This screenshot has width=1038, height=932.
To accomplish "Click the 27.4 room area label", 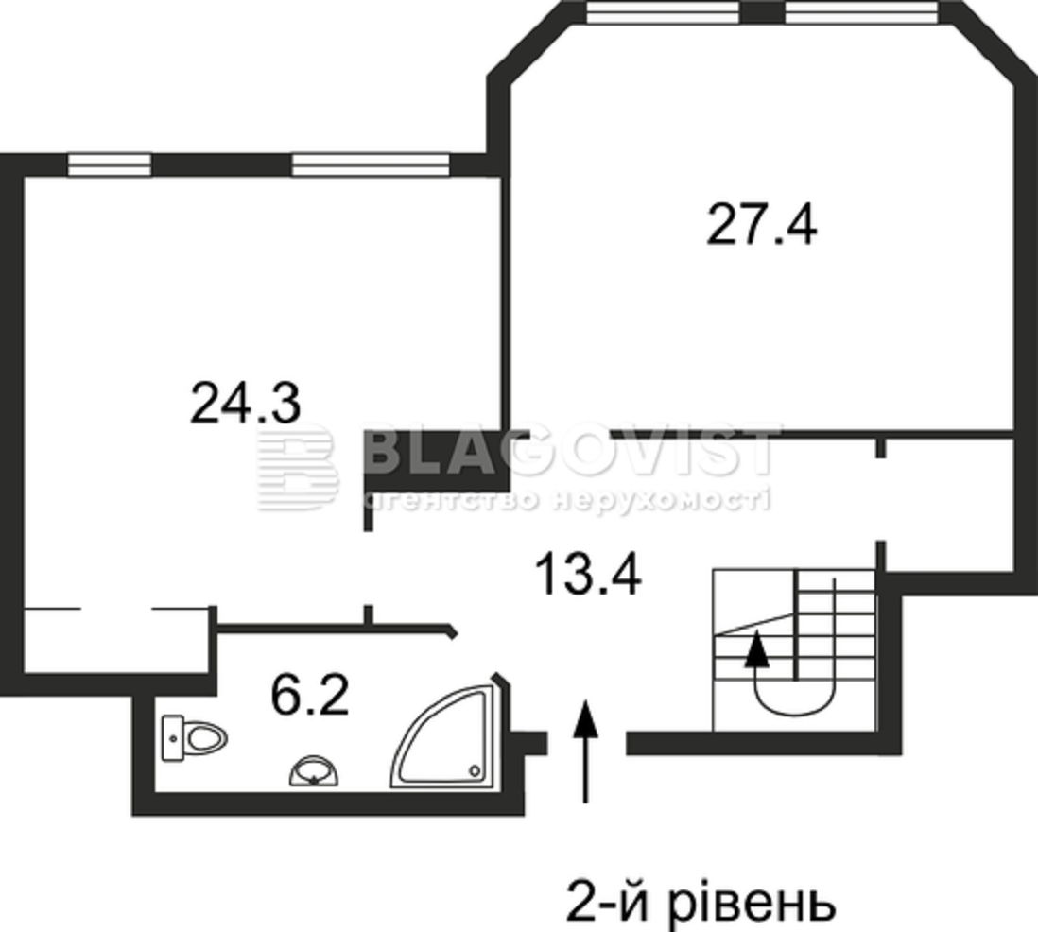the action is point(761,225).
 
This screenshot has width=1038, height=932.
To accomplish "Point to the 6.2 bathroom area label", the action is point(310,695).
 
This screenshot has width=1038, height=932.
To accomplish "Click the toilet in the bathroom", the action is point(195,737).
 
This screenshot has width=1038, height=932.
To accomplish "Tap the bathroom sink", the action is point(314,772).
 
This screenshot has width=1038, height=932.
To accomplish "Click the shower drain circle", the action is point(474,769).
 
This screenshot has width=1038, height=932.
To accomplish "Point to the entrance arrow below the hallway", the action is point(585,751).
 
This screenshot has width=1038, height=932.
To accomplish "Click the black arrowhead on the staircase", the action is point(757,649).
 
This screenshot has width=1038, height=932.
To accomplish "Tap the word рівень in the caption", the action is point(752,902).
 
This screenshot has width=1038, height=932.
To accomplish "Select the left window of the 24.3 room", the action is point(110,164).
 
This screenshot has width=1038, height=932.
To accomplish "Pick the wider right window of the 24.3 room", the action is point(371,164).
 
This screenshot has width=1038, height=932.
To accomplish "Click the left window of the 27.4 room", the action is point(664,12).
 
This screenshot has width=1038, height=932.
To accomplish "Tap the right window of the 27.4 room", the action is point(862,12).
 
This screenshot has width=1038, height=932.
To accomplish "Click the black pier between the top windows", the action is point(763,12).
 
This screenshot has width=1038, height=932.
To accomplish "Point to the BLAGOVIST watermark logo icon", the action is point(297,466).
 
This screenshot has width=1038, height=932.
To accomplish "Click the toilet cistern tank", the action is point(173,738).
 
